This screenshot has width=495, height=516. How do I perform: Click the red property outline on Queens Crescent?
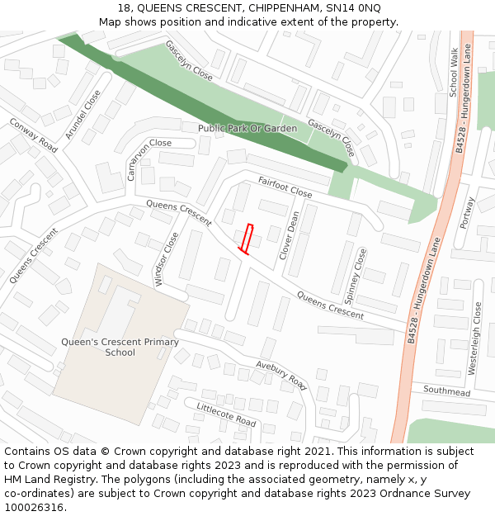(246, 237)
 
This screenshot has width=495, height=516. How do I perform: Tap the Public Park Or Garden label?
(247, 129)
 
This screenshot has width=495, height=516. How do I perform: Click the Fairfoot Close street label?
(285, 187)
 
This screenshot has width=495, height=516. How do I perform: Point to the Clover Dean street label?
(290, 235)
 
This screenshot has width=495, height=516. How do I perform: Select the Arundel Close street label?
(82, 114)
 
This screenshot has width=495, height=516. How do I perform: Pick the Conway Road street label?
(34, 135)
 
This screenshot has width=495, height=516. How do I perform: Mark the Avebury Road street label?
(281, 376)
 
